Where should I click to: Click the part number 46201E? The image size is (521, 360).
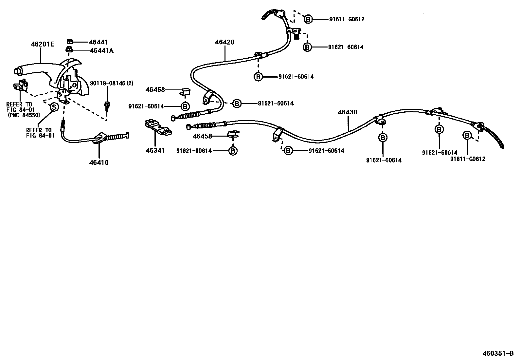click(42, 44)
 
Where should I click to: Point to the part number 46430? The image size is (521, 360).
click(348, 112)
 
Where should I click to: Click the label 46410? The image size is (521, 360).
click(99, 162)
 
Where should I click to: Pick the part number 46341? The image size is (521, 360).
click(155, 150)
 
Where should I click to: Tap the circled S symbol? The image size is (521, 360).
click(54, 107)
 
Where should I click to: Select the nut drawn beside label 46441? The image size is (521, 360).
click(70, 42)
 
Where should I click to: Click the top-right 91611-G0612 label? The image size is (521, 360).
click(347, 19)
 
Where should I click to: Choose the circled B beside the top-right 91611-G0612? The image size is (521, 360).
click(308, 19)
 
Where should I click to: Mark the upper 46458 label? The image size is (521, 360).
click(155, 89)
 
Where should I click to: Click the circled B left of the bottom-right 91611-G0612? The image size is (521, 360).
click(467, 135)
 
